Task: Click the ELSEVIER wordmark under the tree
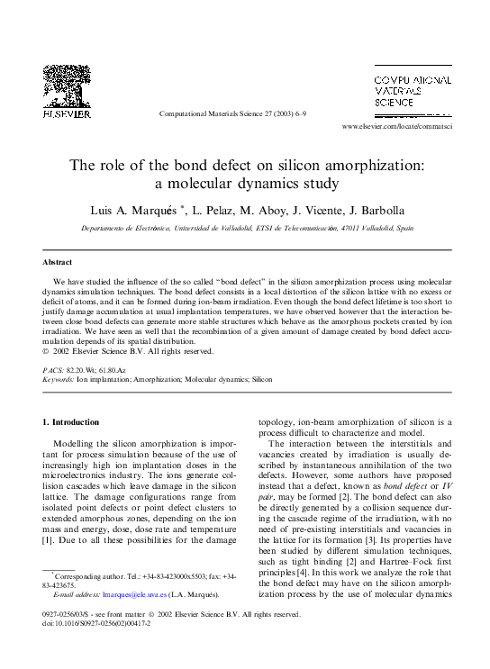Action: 67,114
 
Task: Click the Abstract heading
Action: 58,262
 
